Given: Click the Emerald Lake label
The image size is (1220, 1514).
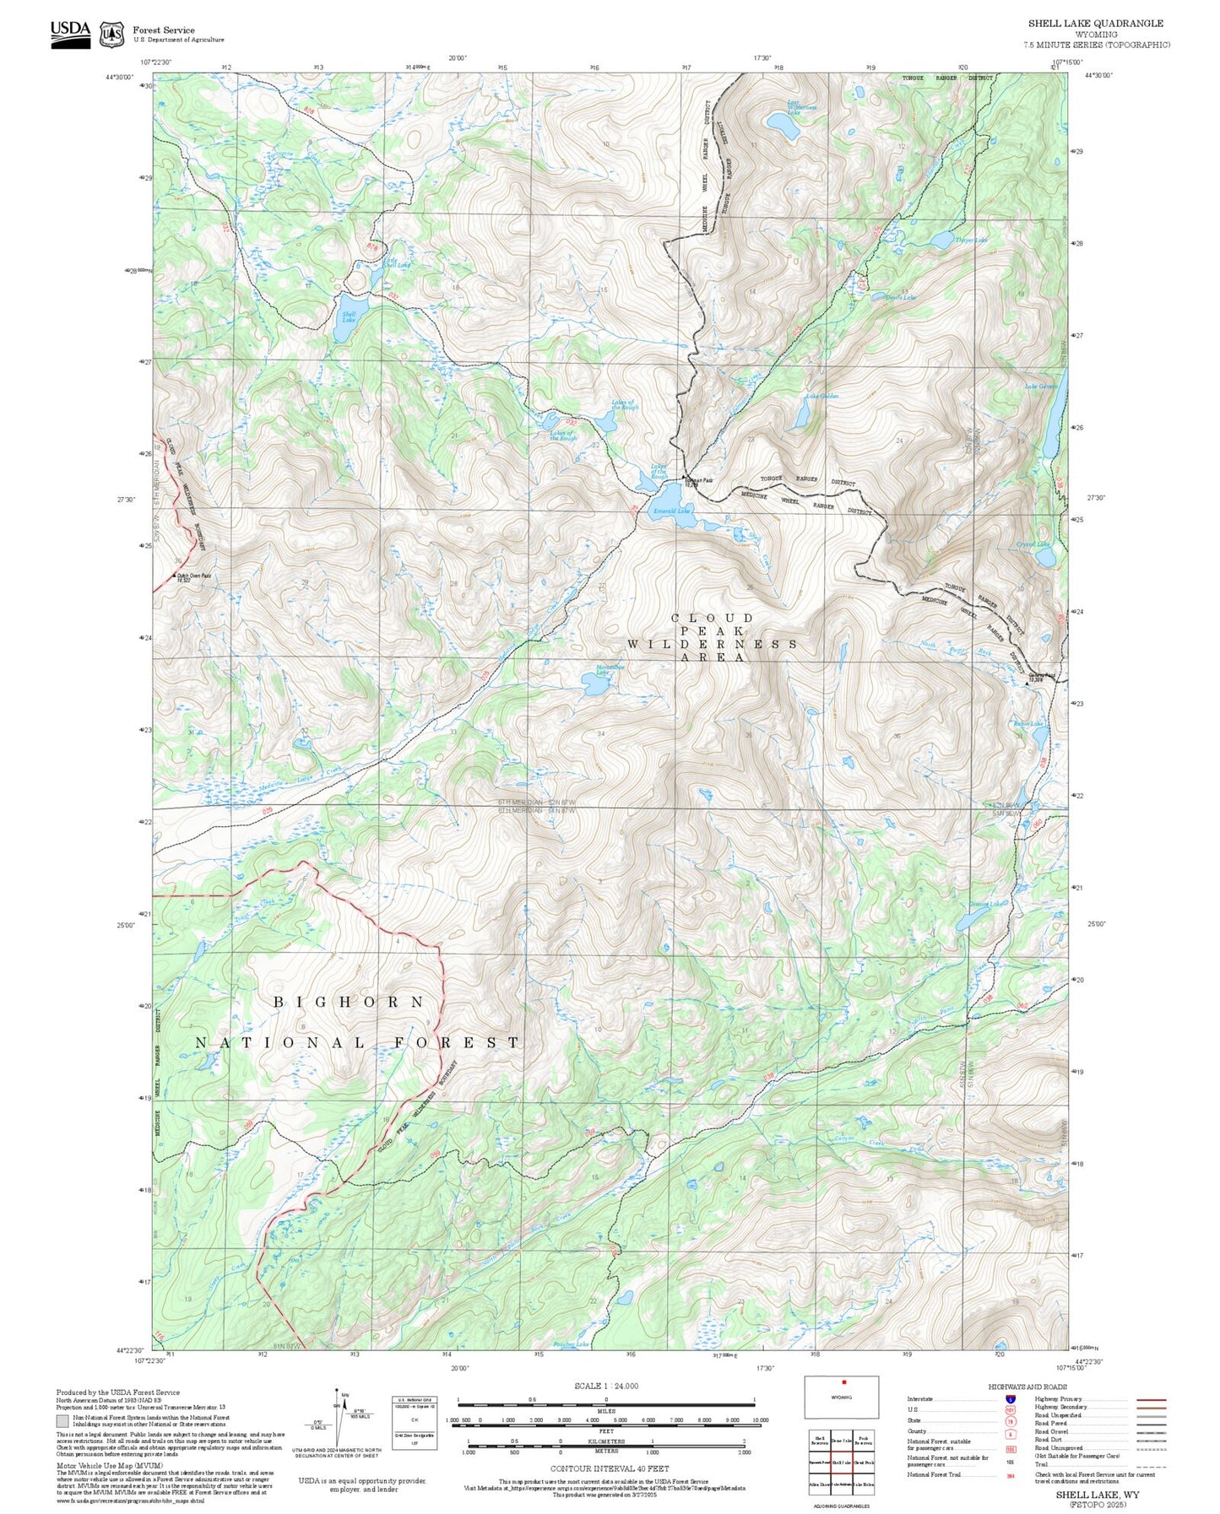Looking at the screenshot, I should [x=672, y=511].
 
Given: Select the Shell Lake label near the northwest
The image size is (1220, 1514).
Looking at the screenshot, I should [x=349, y=318].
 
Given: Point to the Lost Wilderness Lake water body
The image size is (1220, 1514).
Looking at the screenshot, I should [x=784, y=126].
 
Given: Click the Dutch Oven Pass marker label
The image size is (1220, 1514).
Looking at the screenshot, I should [x=193, y=577].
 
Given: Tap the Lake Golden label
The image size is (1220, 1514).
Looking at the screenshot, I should [x=821, y=396].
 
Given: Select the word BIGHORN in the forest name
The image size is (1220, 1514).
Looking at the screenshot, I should [x=349, y=1002].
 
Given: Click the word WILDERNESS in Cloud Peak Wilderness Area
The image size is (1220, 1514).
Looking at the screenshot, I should [x=712, y=644].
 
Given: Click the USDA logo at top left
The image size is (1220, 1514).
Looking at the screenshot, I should [x=70, y=34].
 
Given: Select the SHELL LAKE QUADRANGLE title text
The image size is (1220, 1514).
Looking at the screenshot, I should [x=1095, y=24].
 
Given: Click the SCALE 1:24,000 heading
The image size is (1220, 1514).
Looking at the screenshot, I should [x=606, y=1386].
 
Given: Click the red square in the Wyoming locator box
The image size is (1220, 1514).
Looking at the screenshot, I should [x=843, y=1382].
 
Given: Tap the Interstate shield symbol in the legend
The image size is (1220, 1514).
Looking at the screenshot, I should [x=1010, y=1399].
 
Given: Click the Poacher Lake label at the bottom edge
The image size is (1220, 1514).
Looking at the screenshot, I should [x=571, y=1344].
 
